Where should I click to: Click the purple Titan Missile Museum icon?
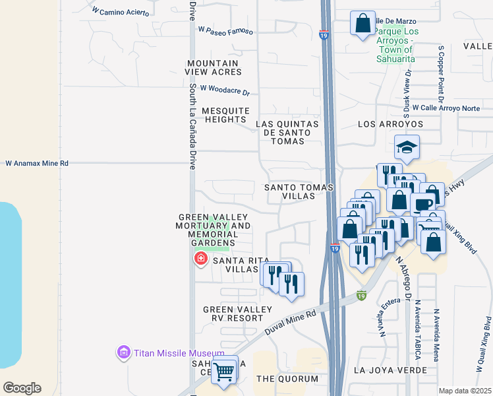click(123, 353)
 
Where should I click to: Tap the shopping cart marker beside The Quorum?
click(224, 372)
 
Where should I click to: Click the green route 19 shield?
click(361, 296)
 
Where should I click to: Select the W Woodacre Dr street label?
click(225, 89)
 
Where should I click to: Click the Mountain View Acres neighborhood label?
click(214, 67)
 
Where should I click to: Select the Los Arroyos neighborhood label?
click(390, 124)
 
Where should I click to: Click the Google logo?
click(22, 388)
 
